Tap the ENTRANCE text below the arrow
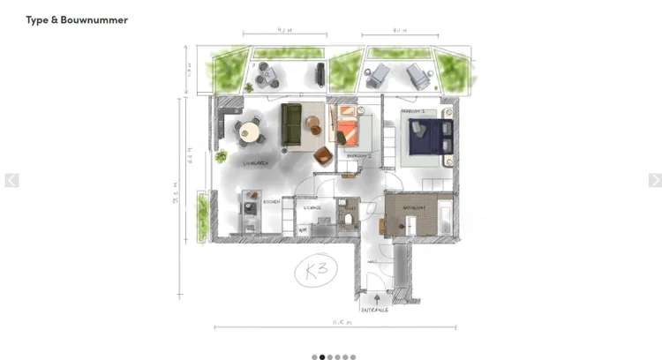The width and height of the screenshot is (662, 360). [x=374, y=310]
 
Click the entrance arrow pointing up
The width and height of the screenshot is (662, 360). [x=374, y=298]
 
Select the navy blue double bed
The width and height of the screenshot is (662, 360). [x=428, y=138]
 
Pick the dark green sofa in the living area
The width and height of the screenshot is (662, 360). [x=291, y=124]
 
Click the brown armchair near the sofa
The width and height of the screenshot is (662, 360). [x=322, y=157]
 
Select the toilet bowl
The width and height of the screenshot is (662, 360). [x=350, y=217]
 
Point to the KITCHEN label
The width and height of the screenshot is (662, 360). [x=272, y=202]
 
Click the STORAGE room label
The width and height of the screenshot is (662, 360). [x=312, y=208]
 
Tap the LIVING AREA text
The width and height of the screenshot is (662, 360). [x=256, y=164]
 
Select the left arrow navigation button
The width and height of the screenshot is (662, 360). [x=11, y=180]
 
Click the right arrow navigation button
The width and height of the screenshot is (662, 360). [x=655, y=180]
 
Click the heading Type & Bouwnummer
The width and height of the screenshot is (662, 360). [x=77, y=19]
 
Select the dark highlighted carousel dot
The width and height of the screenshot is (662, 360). [x=321, y=357]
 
